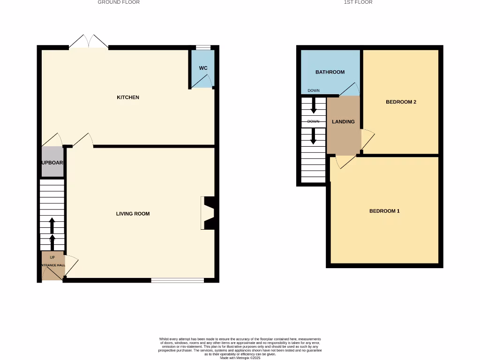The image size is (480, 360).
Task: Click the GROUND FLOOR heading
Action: pos(119,2)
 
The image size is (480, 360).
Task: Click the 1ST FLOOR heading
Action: pos(358,2)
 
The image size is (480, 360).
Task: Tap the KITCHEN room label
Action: pos(128,97)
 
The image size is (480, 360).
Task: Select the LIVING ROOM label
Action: pos(133,214)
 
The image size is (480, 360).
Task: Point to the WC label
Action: pos(203,68)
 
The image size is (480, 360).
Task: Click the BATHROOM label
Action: pos(330,72)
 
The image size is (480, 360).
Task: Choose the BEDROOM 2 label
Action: pos(401,102)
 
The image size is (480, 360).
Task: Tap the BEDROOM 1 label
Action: pos(384,211)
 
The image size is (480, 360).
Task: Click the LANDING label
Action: pos(343,122)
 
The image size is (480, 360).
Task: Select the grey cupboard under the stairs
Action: pos(52,162)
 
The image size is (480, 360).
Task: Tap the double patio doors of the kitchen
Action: pos(89,42)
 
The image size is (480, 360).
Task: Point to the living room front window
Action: pos(177,281)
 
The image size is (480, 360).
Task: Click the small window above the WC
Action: pos(203,47)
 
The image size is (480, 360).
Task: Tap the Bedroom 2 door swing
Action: pos(367,140)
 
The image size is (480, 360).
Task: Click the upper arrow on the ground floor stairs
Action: pos(52,225)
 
